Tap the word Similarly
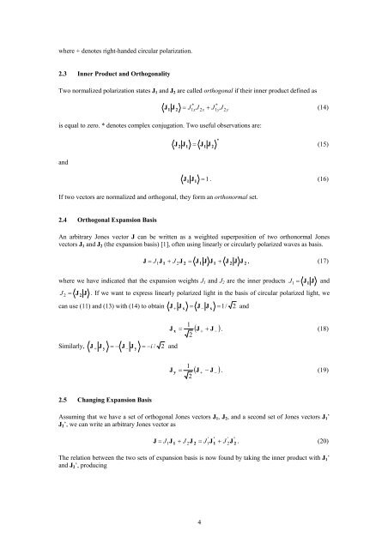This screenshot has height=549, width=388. pos(71,349)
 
